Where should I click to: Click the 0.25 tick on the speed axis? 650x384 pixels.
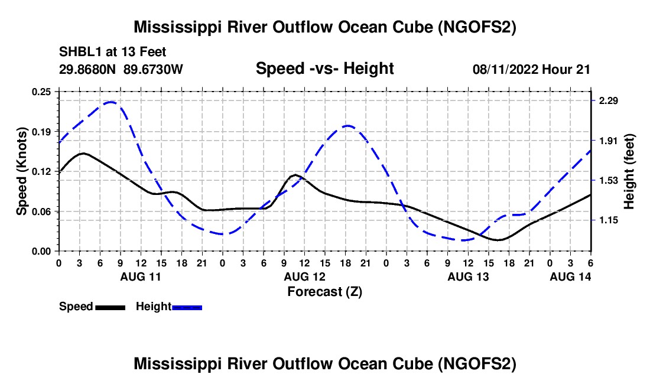coord(43,91)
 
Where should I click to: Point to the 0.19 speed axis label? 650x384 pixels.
coord(43,131)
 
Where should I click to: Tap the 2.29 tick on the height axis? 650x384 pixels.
coord(608,101)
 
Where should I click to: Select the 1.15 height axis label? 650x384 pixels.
coord(608,220)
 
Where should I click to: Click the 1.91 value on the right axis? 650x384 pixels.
coord(608,141)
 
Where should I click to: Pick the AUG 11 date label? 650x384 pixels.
coord(140,276)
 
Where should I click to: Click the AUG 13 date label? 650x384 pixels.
coord(468,276)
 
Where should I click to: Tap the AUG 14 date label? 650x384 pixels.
coord(570,276)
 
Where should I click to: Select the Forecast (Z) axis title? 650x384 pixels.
coord(324,291)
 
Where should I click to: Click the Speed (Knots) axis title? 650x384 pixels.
coord(21,171)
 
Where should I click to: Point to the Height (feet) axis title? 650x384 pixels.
coord(629,171)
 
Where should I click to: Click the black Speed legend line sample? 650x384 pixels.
coord(110,307)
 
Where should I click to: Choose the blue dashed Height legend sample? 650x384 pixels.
coord(187,307)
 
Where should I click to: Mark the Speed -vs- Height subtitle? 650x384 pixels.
coord(324,69)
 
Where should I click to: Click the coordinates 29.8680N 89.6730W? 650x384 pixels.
coord(121,69)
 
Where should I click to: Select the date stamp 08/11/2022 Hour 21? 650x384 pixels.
coord(531,69)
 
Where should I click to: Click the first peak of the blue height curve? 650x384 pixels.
coord(111,102)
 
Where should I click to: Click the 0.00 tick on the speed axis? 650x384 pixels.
coord(43,251)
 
